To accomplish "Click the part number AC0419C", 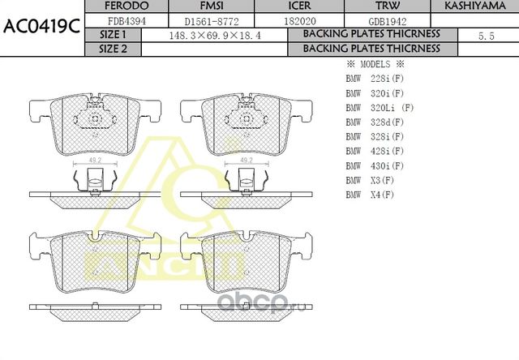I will coord(41,25).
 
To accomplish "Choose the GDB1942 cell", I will coord(388,20).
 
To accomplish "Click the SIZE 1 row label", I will coord(113,35).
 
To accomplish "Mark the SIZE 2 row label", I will coord(113,49).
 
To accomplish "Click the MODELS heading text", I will coord(375,64).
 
